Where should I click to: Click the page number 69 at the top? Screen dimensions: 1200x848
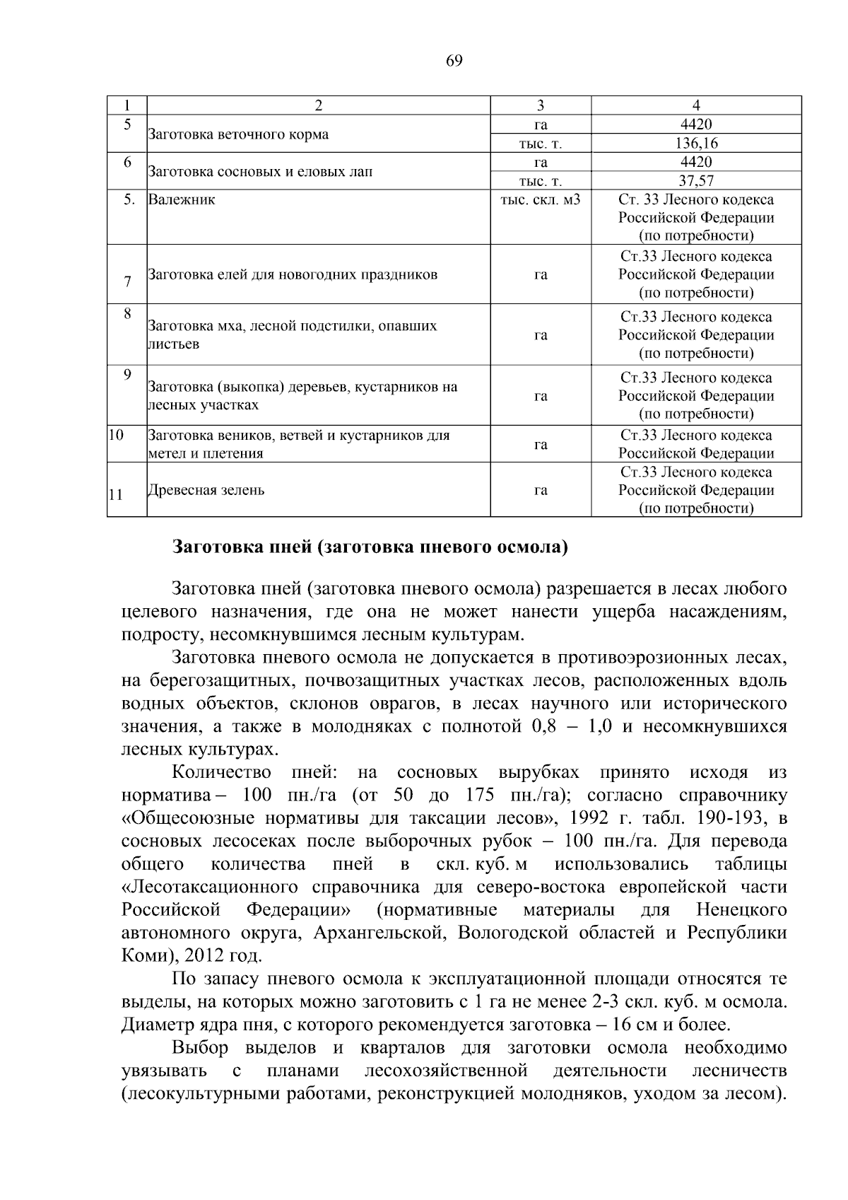(x=454, y=61)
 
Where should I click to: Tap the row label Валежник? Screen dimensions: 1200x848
(x=182, y=199)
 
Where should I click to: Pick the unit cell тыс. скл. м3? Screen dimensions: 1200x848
(x=540, y=199)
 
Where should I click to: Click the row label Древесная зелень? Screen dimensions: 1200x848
(x=206, y=490)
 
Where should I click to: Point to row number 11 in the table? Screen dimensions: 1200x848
(x=116, y=495)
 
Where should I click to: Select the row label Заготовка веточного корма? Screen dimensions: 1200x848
(x=237, y=134)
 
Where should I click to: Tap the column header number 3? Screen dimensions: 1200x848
(x=540, y=105)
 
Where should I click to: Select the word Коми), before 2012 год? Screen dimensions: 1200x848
(x=150, y=956)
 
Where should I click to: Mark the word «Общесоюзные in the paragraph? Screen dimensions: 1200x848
(x=187, y=818)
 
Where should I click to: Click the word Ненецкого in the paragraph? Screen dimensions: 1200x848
(x=741, y=910)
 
